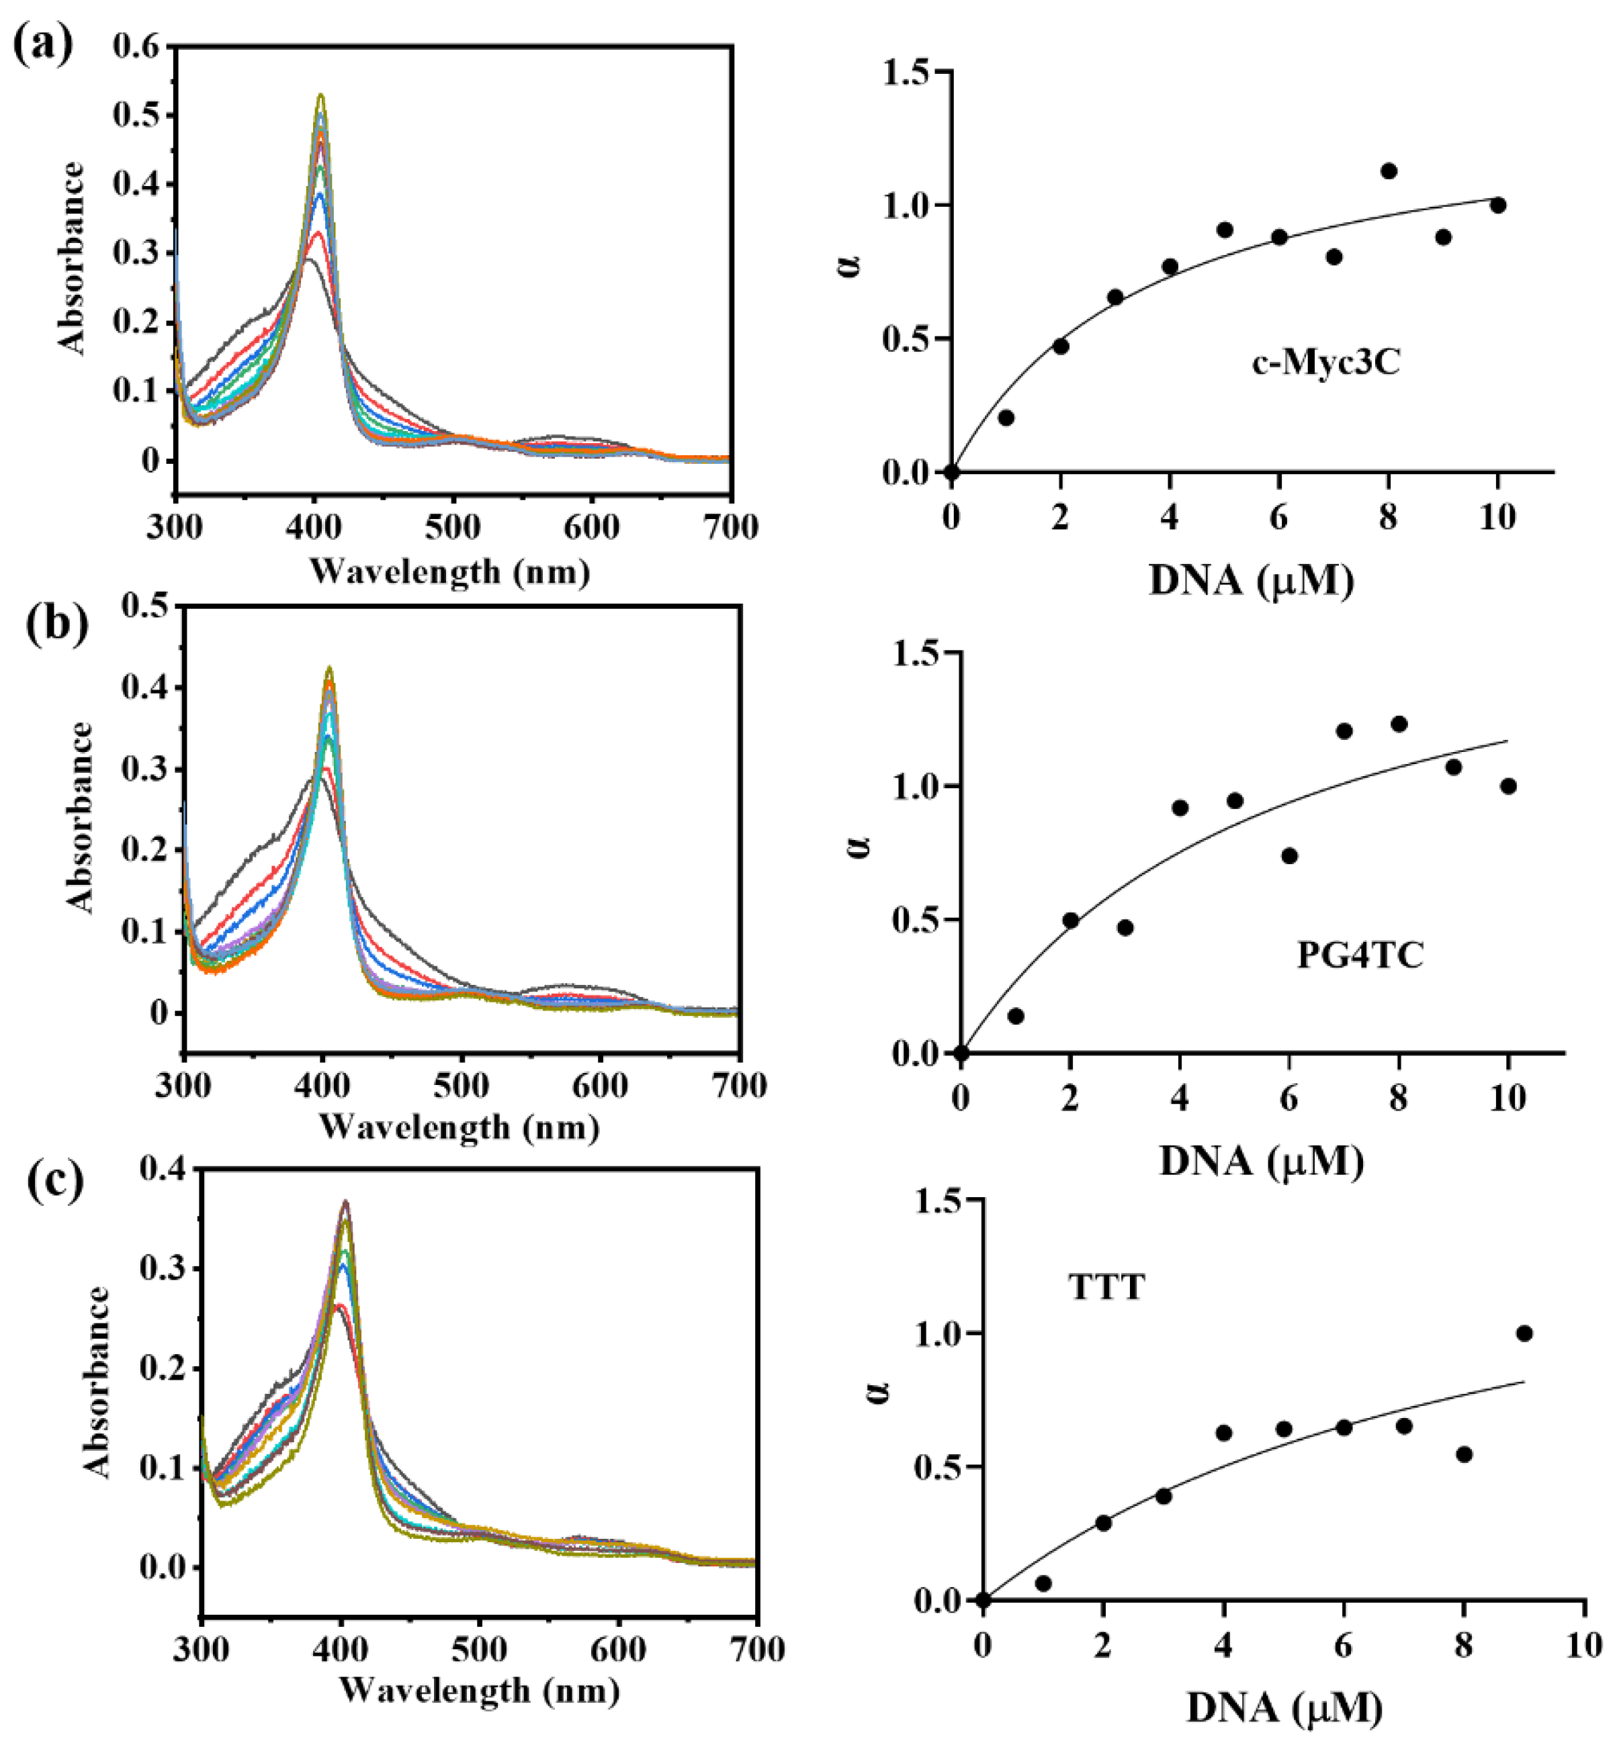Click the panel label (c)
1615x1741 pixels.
54,1181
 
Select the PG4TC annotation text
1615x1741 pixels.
1360,954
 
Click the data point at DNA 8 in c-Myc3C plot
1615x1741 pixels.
1389,171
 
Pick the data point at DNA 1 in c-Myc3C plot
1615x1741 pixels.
1006,418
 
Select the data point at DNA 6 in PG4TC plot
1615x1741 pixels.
1289,855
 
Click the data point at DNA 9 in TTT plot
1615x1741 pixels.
1524,1333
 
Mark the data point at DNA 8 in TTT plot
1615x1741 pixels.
1465,1454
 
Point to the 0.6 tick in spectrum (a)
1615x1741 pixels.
137,46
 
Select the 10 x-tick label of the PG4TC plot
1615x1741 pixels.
1508,1097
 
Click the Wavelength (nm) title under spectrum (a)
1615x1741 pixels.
451,571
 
